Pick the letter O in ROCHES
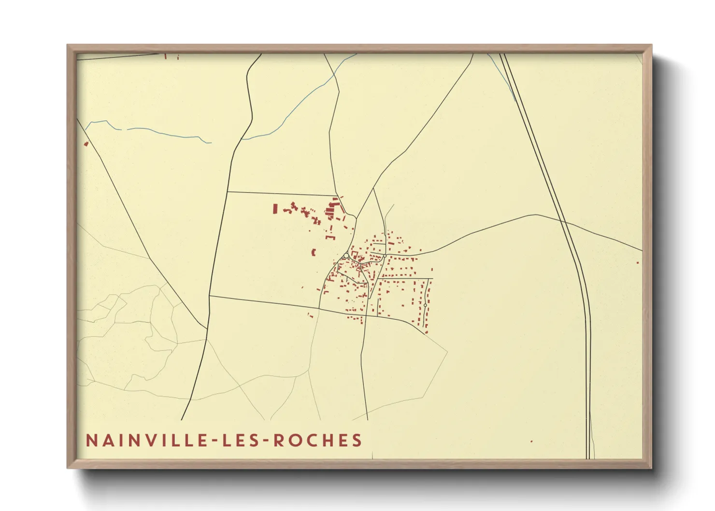tap(296, 440)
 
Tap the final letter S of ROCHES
tap(357, 440)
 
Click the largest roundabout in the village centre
tap(346, 255)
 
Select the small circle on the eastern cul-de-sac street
tap(425, 305)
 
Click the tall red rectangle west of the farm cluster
tap(275, 209)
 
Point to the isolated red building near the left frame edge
tap(86, 143)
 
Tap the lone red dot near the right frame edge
tap(638, 263)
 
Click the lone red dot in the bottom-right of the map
tap(531, 441)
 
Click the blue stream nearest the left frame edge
tap(145, 129)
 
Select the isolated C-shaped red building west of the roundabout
tap(314, 252)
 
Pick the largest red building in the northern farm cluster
tap(330, 211)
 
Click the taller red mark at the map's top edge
tap(165, 56)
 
